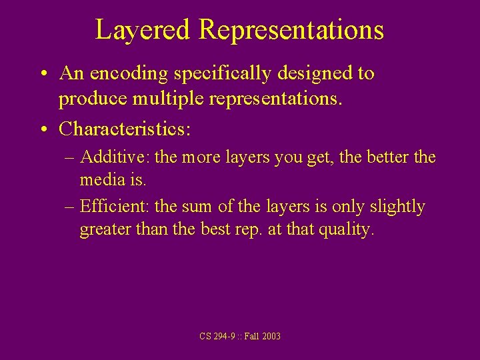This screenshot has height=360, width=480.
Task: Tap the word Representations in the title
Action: [x=291, y=30]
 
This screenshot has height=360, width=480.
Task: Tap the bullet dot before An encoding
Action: [x=43, y=74]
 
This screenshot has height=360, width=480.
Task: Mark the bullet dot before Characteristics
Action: [x=43, y=129]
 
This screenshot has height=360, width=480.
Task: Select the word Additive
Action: [x=115, y=158]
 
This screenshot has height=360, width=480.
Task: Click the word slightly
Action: [x=395, y=207]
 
